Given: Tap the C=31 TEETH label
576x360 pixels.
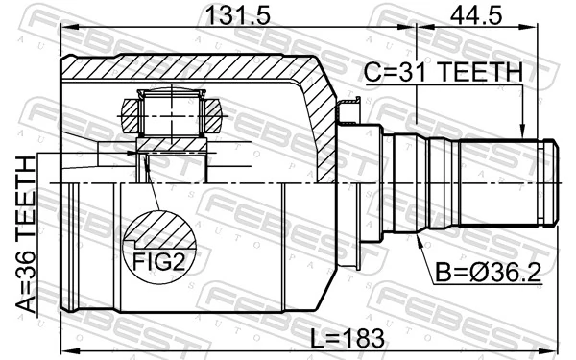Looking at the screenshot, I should click(442, 73).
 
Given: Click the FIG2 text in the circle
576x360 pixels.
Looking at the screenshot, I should click(157, 261).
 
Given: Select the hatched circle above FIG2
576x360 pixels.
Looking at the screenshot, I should click(158, 230).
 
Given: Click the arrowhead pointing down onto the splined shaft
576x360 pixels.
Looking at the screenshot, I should click(522, 133).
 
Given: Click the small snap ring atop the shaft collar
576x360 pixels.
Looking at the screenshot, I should click(351, 108).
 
